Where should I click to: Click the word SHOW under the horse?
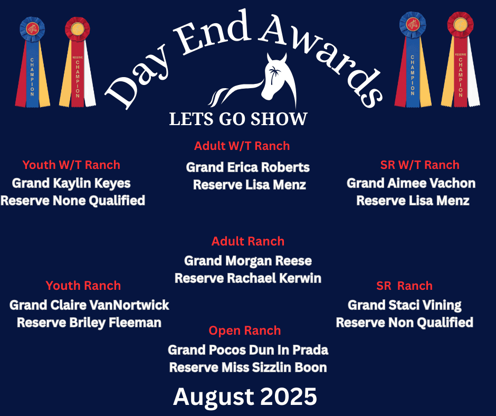coord(279,119)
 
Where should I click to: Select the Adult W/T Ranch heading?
coord(242,146)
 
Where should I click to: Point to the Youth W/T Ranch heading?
coord(71,165)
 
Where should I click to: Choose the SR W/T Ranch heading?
coord(420,165)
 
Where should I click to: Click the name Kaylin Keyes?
coord(92,184)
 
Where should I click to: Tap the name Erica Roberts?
coord(268,167)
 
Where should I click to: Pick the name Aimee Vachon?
coord(432,183)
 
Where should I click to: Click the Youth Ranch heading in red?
coord(83,286)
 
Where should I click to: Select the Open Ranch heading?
coord(245,330)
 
